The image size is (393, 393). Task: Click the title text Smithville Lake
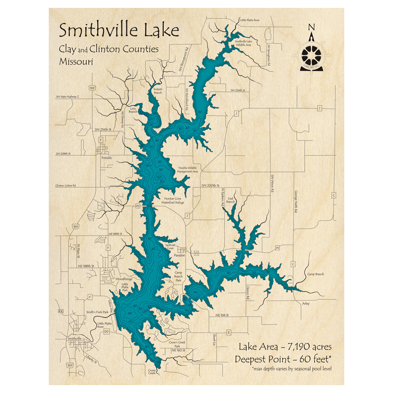[x=119, y=30]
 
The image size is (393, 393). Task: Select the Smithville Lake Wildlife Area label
[x=243, y=43]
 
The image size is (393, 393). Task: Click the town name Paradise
[x=179, y=255]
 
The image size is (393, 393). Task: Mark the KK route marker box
[x=61, y=311]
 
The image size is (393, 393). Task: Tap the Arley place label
[x=306, y=303]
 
